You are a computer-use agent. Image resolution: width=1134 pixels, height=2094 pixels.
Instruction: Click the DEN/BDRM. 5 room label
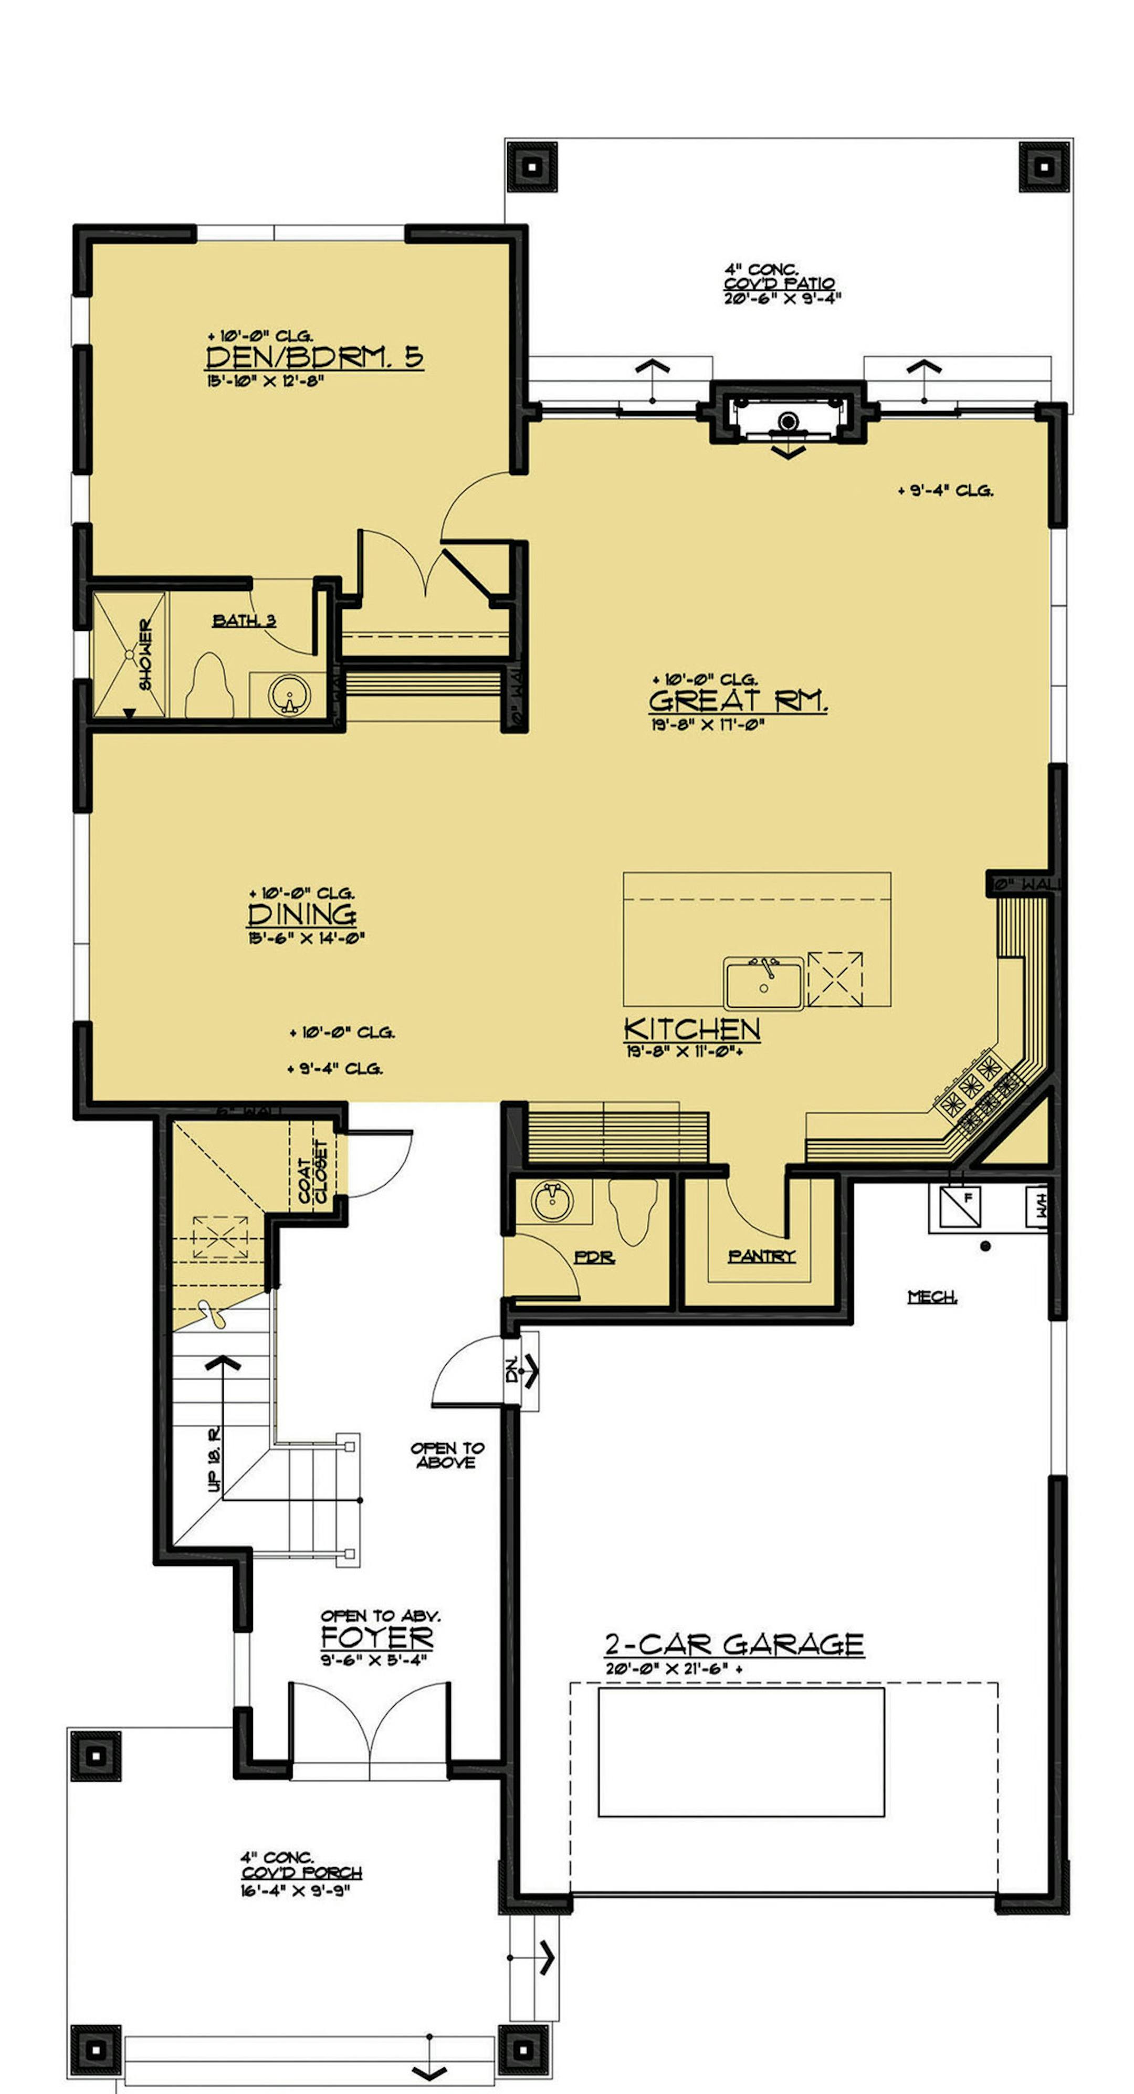click(314, 357)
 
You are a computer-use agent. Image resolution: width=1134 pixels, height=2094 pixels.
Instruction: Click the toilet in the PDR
click(632, 1211)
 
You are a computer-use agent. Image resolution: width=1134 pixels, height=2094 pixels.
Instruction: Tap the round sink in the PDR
click(553, 1200)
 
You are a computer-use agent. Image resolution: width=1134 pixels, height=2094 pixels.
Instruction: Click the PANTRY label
click(761, 1256)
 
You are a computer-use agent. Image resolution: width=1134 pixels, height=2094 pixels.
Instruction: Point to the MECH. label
click(931, 1297)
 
